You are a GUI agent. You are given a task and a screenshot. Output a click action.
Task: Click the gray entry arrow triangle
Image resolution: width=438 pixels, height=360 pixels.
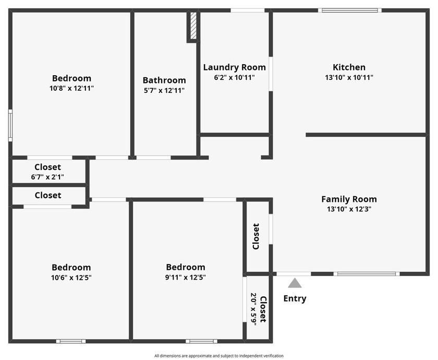pos(295,283)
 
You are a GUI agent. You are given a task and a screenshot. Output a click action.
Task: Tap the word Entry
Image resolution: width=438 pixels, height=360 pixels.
pos(295,298)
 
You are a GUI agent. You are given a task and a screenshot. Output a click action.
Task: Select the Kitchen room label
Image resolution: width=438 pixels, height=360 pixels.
pos(349,67)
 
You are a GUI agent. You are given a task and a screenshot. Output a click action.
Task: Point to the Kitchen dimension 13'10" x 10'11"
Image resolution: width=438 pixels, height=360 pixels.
pos(349,77)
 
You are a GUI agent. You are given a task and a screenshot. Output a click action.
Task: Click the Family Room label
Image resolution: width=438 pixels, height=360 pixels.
pos(349,199)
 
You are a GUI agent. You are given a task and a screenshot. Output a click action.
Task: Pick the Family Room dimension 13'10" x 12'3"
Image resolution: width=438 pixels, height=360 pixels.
pos(349,209)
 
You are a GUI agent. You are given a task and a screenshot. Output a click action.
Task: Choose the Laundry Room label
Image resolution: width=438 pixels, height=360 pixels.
pos(234,67)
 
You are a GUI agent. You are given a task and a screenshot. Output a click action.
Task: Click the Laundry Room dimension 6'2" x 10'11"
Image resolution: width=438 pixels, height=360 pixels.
pos(234,77)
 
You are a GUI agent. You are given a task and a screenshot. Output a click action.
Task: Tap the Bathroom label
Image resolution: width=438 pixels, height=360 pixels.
pos(164,80)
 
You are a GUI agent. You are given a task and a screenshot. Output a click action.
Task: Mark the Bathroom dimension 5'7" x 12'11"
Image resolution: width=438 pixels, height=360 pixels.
pos(164,90)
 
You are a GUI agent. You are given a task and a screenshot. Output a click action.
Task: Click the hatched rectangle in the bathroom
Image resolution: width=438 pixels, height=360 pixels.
pos(192,27)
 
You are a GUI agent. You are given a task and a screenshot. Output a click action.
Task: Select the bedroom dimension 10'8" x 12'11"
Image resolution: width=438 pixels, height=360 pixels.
pos(71,88)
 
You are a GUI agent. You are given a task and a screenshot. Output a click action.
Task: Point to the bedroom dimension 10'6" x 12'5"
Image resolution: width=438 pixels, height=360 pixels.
pos(71,278)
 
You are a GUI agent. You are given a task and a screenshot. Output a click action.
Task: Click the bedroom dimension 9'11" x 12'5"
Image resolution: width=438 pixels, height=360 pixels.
pos(185,278)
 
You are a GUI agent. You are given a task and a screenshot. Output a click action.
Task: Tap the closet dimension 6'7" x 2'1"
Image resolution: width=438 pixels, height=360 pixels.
pos(47,177)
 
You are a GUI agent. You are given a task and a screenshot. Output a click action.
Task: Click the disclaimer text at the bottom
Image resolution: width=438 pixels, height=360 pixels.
pos(218,356)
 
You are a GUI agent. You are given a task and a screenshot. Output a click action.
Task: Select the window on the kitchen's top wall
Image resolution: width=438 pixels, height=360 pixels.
pos(349,10)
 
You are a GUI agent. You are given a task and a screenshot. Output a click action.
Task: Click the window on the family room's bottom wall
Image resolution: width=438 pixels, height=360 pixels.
pos(367,273)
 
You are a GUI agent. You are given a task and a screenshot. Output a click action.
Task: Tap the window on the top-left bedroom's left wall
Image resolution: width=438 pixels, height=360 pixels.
pos(10,125)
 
